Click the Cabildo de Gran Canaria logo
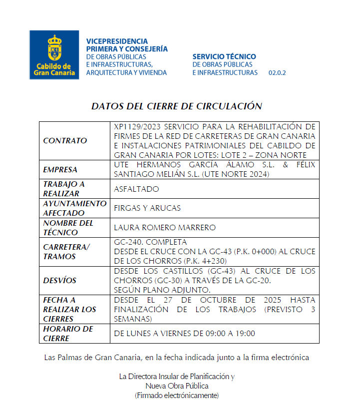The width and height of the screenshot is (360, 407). [x=54, y=54]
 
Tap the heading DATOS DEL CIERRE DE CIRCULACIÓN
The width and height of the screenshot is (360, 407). [x=176, y=106]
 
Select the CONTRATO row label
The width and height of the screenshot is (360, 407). [x=65, y=141]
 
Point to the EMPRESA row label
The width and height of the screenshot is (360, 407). [x=60, y=170]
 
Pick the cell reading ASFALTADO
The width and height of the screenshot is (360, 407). [x=136, y=189]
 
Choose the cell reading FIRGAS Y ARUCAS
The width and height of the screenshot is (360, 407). [x=147, y=208]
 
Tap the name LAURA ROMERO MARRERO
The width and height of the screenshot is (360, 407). [x=165, y=228]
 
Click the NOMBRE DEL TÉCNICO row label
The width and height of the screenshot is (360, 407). [x=68, y=228]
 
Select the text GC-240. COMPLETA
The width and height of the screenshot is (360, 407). [x=150, y=242]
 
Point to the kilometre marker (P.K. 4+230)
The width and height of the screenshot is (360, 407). [x=205, y=261]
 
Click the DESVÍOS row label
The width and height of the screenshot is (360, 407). [x=59, y=281]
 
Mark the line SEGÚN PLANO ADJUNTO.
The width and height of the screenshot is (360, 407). [x=162, y=290]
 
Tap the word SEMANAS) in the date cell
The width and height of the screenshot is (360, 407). [x=133, y=319]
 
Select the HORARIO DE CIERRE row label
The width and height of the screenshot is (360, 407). [x=68, y=334]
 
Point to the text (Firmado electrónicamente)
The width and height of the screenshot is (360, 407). [x=176, y=396]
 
